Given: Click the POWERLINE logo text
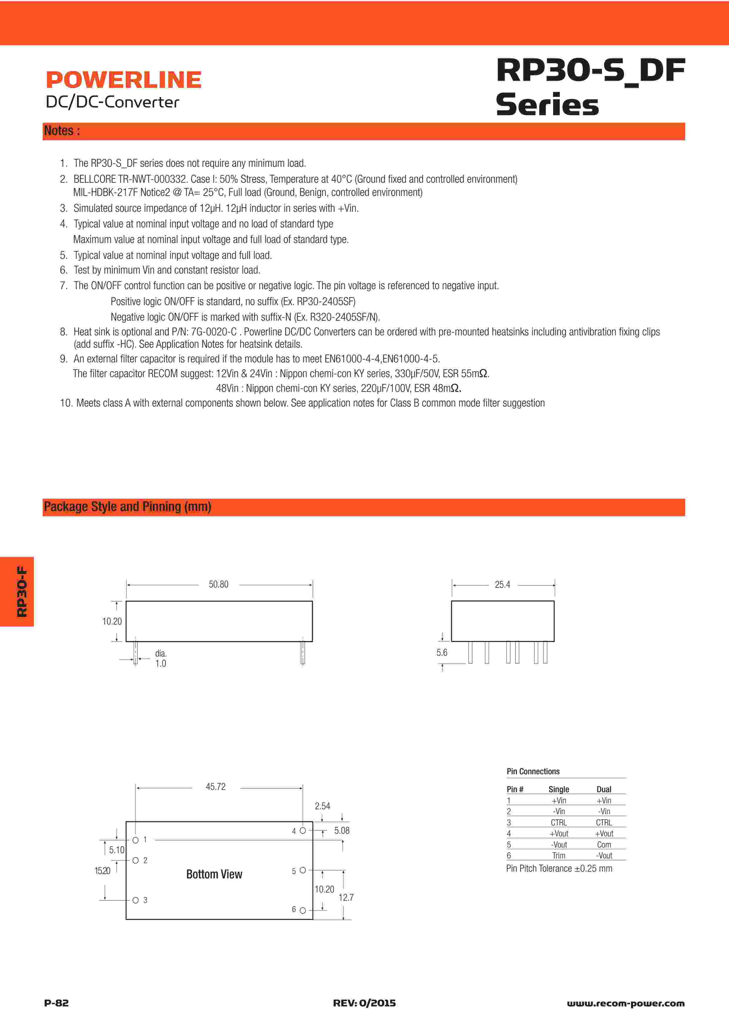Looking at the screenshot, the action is (x=124, y=80).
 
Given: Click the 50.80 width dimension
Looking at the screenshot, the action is (x=218, y=584).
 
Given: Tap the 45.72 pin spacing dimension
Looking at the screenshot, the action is (x=216, y=787).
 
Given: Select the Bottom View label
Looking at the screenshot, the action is (x=214, y=874).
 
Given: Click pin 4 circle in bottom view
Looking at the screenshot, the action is (x=303, y=831).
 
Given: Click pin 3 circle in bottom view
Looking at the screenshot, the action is (x=135, y=900).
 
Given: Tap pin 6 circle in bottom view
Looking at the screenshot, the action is (x=303, y=910).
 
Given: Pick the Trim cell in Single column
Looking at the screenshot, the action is (x=559, y=855).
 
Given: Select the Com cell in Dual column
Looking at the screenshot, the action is (x=604, y=845).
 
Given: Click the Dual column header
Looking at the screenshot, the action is (x=604, y=789).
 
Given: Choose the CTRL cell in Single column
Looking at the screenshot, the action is (x=559, y=823).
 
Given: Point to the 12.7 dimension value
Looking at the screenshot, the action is (x=346, y=898).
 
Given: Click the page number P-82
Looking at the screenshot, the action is (x=56, y=1003).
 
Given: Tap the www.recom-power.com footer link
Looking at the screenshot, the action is (x=626, y=1003).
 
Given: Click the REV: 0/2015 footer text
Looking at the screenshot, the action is (x=364, y=1003).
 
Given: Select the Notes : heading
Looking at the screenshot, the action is (x=62, y=131).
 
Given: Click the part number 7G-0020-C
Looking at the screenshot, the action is (x=214, y=332).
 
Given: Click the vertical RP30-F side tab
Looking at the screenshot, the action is (x=21, y=592).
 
